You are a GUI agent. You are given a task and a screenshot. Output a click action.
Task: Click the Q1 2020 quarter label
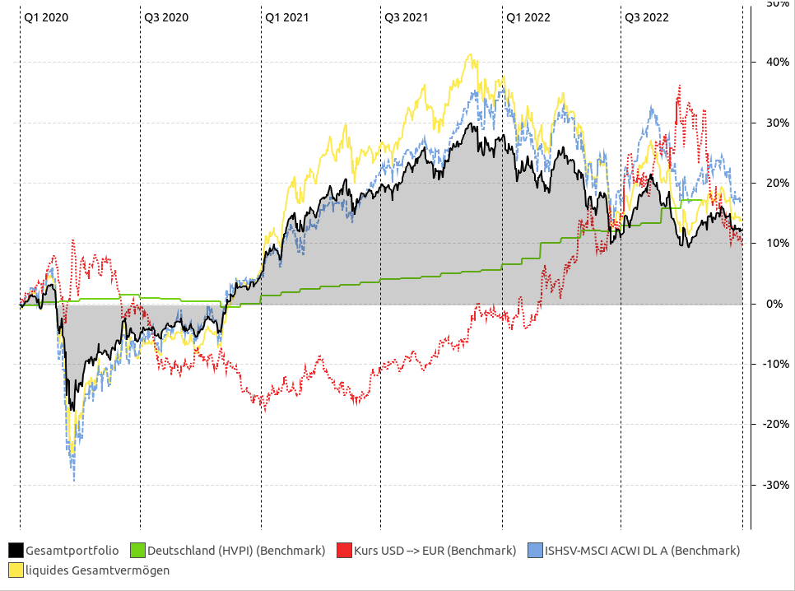(45, 16)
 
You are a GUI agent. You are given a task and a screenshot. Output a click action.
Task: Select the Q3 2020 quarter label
(166, 16)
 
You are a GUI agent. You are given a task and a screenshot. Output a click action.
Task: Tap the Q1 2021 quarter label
(287, 16)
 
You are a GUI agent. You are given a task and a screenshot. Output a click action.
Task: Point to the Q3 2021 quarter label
(406, 16)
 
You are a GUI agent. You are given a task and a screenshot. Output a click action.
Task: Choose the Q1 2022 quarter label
(528, 16)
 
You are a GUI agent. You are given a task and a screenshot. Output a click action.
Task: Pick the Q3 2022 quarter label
(646, 16)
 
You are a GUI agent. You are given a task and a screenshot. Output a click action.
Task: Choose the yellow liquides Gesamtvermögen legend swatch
(16, 570)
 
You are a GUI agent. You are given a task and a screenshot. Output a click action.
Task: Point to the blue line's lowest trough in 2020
(74, 480)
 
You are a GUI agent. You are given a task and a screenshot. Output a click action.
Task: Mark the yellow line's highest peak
(470, 55)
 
